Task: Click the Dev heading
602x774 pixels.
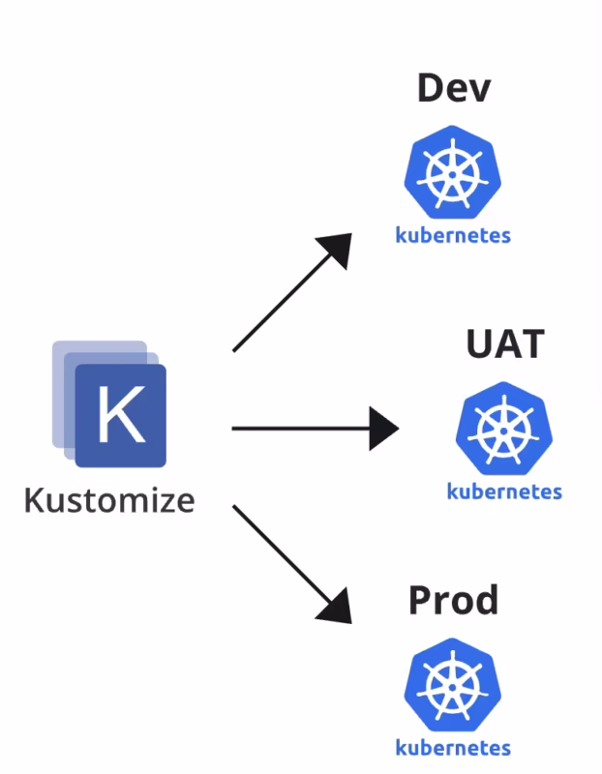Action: point(454,88)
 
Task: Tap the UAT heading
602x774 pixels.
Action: point(505,344)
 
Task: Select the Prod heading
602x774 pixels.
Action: point(453,601)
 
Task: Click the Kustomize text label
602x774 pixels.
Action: point(108,500)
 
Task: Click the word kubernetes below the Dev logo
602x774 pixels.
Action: point(453,235)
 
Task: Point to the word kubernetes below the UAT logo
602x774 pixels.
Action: point(504,491)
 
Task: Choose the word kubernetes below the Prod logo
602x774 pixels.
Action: point(453,747)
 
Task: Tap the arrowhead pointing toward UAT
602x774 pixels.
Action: point(384,428)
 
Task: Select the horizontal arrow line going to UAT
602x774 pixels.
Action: point(300,428)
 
